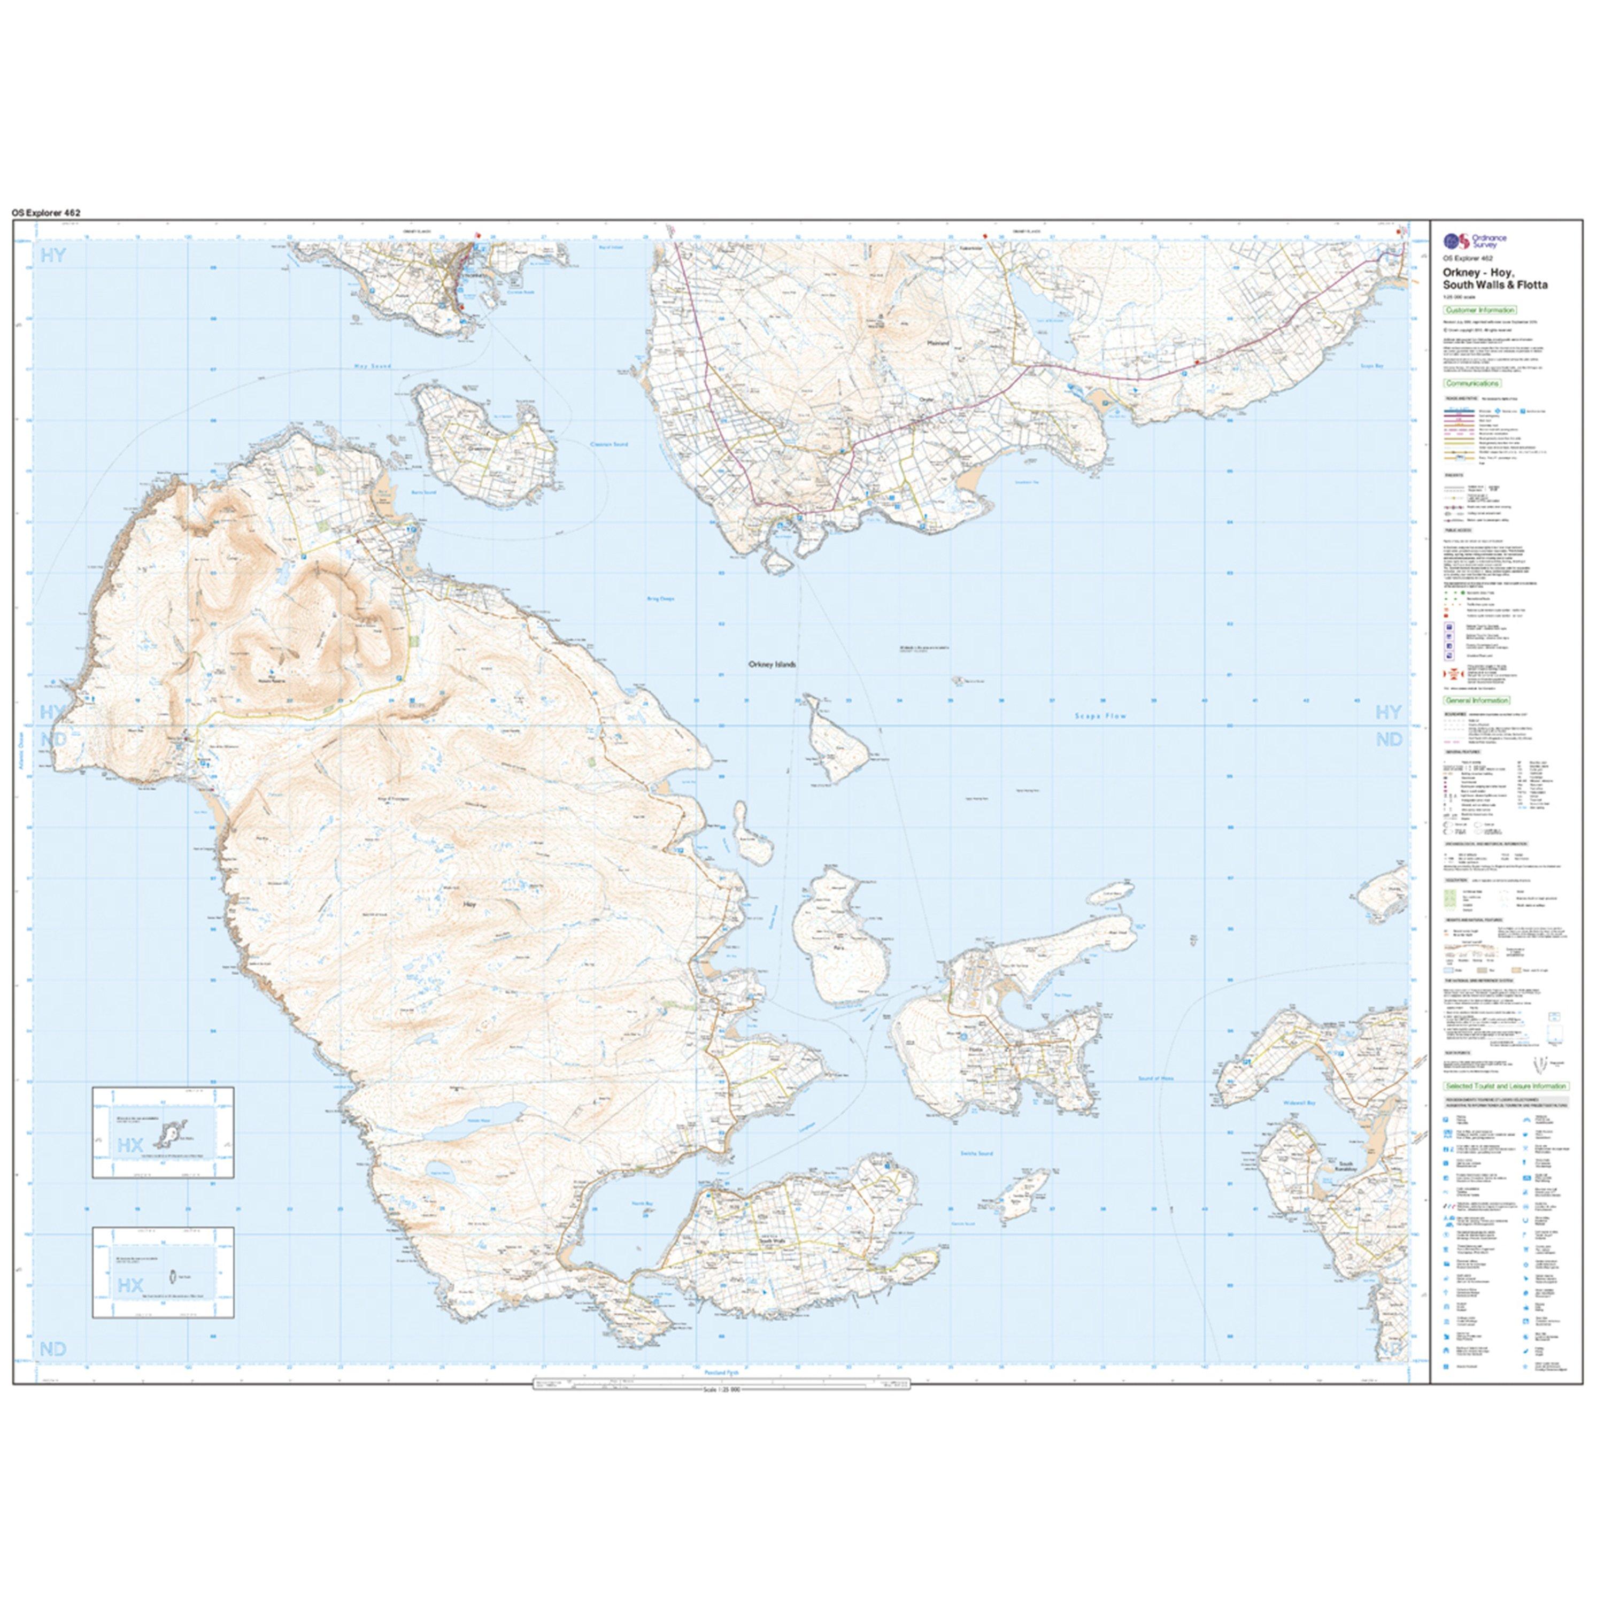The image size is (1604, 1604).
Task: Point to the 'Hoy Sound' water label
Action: pos(372,366)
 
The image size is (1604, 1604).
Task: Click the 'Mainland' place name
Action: pos(938,341)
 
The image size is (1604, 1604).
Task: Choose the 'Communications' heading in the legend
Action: pos(1473,383)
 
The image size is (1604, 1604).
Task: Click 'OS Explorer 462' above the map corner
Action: pos(47,213)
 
